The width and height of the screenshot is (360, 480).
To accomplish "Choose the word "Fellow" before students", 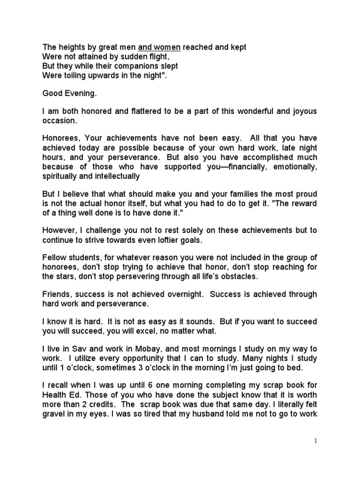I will click(54, 258).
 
